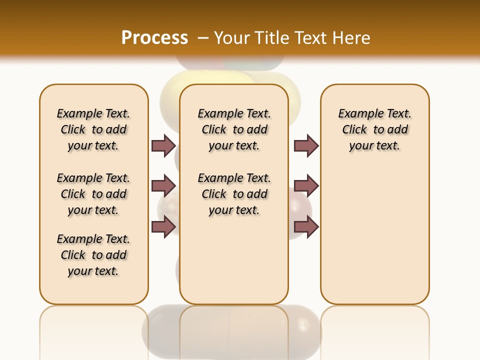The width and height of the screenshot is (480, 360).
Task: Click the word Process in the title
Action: [154, 37]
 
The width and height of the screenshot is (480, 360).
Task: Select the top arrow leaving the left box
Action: [163, 146]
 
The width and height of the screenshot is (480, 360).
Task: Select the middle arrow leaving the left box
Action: [163, 186]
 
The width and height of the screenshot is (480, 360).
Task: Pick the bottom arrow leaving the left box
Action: [163, 227]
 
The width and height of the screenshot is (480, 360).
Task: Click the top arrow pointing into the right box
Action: [306, 146]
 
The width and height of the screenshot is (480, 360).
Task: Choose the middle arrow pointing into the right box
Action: [306, 186]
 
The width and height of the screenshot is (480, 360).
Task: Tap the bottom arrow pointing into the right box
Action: [306, 227]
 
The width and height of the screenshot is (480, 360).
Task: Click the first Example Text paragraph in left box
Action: [93, 129]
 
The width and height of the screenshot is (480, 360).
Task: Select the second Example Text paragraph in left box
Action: [93, 194]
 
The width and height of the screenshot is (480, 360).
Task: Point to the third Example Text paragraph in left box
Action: [93, 255]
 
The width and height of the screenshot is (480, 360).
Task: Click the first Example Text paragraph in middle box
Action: [234, 129]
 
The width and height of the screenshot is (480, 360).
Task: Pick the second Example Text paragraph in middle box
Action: [234, 194]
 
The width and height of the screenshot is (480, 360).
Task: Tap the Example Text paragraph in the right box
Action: [374, 129]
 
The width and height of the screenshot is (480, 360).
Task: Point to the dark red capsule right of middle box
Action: [300, 205]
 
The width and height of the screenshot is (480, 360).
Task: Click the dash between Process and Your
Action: [202, 38]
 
